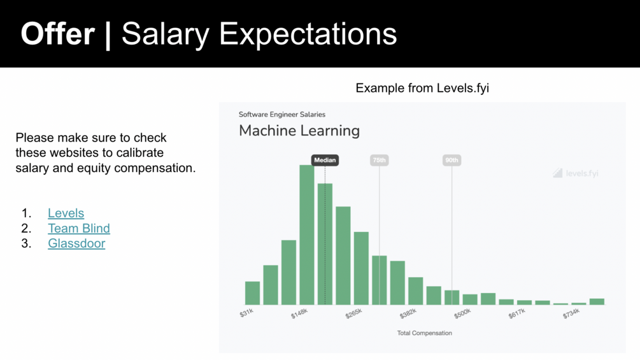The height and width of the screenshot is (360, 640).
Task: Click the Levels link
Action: [x=66, y=213]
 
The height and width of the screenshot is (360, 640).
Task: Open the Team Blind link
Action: [x=79, y=228]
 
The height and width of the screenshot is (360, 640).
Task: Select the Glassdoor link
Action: [x=76, y=243]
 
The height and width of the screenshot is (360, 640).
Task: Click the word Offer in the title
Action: [x=57, y=34]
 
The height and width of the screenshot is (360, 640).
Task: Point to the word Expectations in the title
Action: [x=308, y=34]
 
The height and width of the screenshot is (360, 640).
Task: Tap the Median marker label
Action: [x=325, y=160]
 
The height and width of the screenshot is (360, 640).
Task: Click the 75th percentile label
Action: [x=379, y=160]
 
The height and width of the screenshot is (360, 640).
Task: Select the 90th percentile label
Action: [x=452, y=160]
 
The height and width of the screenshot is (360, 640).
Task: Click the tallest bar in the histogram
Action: [x=306, y=234]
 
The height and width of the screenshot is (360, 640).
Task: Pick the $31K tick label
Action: [x=246, y=313]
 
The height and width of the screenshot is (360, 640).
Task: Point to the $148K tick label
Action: [x=299, y=313]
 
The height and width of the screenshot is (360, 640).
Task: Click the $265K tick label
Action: [x=353, y=313]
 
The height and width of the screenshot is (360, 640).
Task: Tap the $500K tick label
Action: [x=462, y=313]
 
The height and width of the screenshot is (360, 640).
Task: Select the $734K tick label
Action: [x=571, y=313]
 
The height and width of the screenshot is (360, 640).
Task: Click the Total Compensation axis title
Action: [x=425, y=333]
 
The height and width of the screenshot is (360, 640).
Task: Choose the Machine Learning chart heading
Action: [x=299, y=131]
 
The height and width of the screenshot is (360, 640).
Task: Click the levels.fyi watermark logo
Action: [x=576, y=173]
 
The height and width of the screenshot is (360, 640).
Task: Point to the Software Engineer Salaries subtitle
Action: [x=282, y=115]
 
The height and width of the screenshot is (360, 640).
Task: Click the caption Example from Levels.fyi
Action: [x=422, y=88]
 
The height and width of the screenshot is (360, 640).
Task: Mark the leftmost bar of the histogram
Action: [x=252, y=293]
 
